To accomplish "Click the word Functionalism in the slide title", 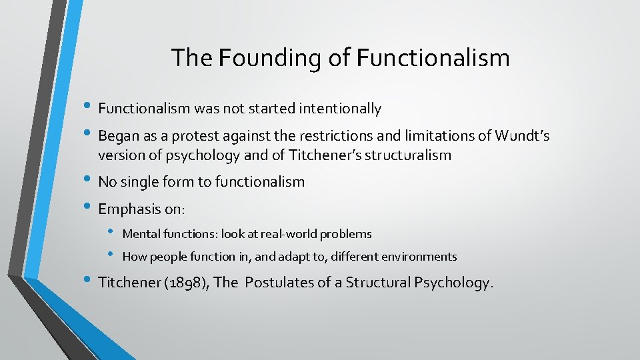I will tap(433, 58).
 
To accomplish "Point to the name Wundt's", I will tap(522, 136).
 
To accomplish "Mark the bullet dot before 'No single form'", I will tap(90, 180).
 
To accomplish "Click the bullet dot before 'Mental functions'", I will tap(111, 232).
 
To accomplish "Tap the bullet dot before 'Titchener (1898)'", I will tap(90, 281).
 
